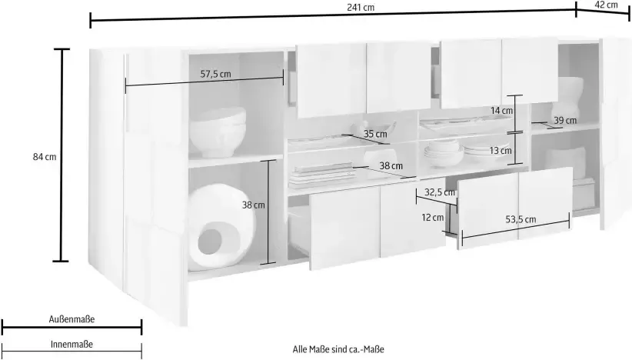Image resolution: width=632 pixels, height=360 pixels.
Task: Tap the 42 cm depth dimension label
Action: pyautogui.click(x=607, y=5)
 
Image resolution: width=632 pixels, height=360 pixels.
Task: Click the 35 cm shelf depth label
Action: pyautogui.click(x=375, y=134)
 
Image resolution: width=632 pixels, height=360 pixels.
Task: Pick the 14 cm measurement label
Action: pyautogui.click(x=501, y=111)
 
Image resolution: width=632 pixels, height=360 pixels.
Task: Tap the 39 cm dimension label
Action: pyautogui.click(x=565, y=120)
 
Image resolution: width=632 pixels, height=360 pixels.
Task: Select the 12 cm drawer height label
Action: pyautogui.click(x=432, y=218)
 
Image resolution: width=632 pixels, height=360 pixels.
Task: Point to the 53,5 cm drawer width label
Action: pyautogui.click(x=520, y=219)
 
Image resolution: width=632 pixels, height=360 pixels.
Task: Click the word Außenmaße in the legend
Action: pyautogui.click(x=72, y=318)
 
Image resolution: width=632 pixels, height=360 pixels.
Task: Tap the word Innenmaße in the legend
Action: pyautogui.click(x=72, y=344)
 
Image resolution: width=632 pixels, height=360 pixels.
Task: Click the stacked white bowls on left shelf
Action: pyautogui.click(x=218, y=132)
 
